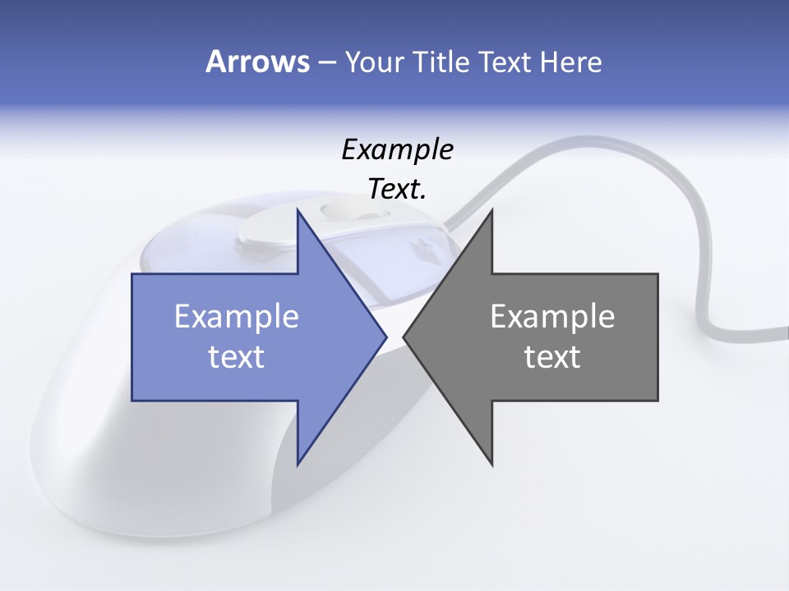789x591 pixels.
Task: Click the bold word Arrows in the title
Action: click(x=256, y=62)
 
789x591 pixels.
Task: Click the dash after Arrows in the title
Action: click(x=326, y=62)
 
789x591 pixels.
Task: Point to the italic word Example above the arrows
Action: click(x=397, y=150)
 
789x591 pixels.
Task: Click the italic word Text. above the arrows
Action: click(x=397, y=190)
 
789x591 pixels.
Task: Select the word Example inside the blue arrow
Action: click(x=237, y=317)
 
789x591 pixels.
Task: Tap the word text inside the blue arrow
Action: click(x=237, y=356)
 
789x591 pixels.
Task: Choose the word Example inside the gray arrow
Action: click(x=552, y=317)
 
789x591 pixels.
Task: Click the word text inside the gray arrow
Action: click(x=552, y=356)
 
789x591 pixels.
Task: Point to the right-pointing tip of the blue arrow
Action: click(x=385, y=337)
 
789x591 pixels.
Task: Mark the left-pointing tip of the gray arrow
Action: click(x=404, y=337)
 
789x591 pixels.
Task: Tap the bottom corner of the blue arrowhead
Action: click(x=298, y=465)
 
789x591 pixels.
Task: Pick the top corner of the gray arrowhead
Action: click(x=491, y=210)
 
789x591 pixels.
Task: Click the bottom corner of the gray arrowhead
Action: click(x=491, y=465)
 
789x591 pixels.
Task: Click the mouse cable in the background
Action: click(x=699, y=271)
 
